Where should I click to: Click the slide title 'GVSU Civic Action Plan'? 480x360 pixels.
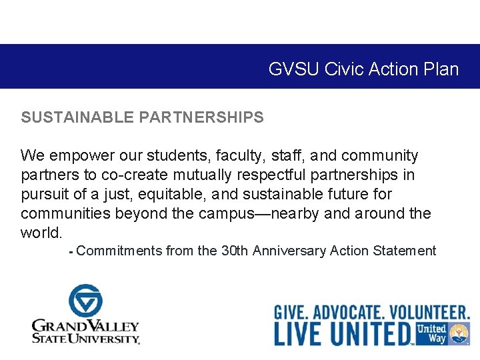pyautogui.click(x=363, y=69)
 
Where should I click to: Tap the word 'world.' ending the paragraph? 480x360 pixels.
pyautogui.click(x=41, y=233)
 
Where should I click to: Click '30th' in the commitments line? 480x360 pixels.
pyautogui.click(x=235, y=251)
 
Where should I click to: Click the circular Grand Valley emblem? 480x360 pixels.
pyautogui.click(x=85, y=301)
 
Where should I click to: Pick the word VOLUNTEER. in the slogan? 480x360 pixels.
pyautogui.click(x=430, y=312)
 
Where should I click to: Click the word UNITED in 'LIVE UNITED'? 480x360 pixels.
pyautogui.click(x=371, y=333)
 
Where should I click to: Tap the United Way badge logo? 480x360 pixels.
pyautogui.click(x=442, y=333)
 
